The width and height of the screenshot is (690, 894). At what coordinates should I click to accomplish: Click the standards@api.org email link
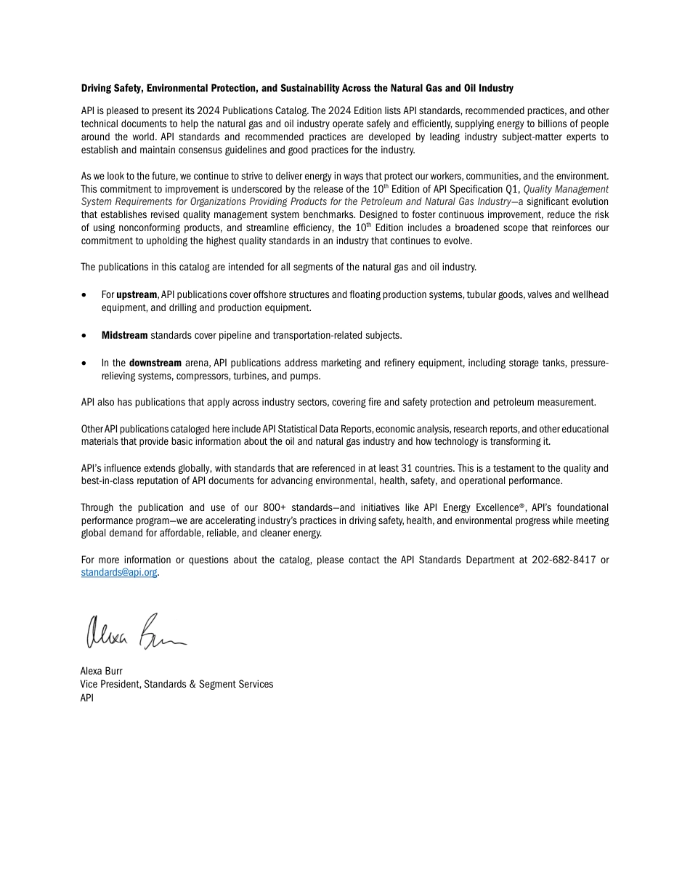[x=119, y=573]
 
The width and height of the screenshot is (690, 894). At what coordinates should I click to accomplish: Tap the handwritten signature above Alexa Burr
[x=137, y=632]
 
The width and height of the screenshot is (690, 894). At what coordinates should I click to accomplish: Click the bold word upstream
[x=137, y=295]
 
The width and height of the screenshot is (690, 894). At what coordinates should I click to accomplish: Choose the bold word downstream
[x=155, y=363]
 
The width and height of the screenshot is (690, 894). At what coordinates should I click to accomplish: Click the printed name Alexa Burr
[x=101, y=672]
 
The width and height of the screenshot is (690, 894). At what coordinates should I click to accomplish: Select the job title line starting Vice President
[x=176, y=685]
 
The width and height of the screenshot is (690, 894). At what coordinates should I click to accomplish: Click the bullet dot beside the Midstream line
[x=85, y=336]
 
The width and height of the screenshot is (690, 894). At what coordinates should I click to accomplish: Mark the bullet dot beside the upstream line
[x=85, y=295]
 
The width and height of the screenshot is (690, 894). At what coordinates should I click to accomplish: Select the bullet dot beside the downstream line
[x=85, y=363]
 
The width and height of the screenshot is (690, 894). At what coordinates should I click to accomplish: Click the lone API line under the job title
[x=87, y=698]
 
